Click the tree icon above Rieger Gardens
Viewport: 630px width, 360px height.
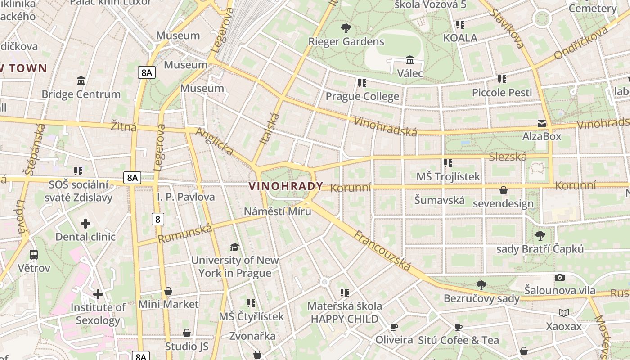pyautogui.click(x=346, y=29)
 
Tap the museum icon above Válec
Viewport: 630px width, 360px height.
pyautogui.click(x=410, y=60)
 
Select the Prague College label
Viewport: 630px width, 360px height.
pyautogui.click(x=362, y=96)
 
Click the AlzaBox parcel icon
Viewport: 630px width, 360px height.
pyautogui.click(x=542, y=124)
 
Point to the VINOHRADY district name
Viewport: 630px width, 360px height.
pyautogui.click(x=286, y=186)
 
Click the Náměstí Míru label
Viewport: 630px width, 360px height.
pyautogui.click(x=277, y=211)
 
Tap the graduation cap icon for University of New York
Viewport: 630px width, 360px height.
pyautogui.click(x=234, y=247)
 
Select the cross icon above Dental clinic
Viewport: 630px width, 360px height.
pyautogui.click(x=85, y=224)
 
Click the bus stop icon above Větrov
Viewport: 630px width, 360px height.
pyautogui.click(x=34, y=255)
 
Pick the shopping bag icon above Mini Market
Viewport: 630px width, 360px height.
pyautogui.click(x=168, y=291)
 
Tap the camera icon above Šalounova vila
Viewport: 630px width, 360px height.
pyautogui.click(x=560, y=277)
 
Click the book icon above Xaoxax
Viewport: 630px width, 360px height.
pyautogui.click(x=564, y=313)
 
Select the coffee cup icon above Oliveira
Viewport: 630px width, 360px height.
pyautogui.click(x=394, y=327)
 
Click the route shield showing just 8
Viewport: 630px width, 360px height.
pyautogui.click(x=157, y=219)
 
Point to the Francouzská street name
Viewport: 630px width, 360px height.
pyautogui.click(x=382, y=251)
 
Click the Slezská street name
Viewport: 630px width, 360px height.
pyautogui.click(x=508, y=157)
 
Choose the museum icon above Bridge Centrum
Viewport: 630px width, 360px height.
pyautogui.click(x=81, y=81)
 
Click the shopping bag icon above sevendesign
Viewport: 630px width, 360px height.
pyautogui.click(x=504, y=190)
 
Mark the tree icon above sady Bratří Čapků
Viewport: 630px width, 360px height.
pyautogui.click(x=540, y=235)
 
